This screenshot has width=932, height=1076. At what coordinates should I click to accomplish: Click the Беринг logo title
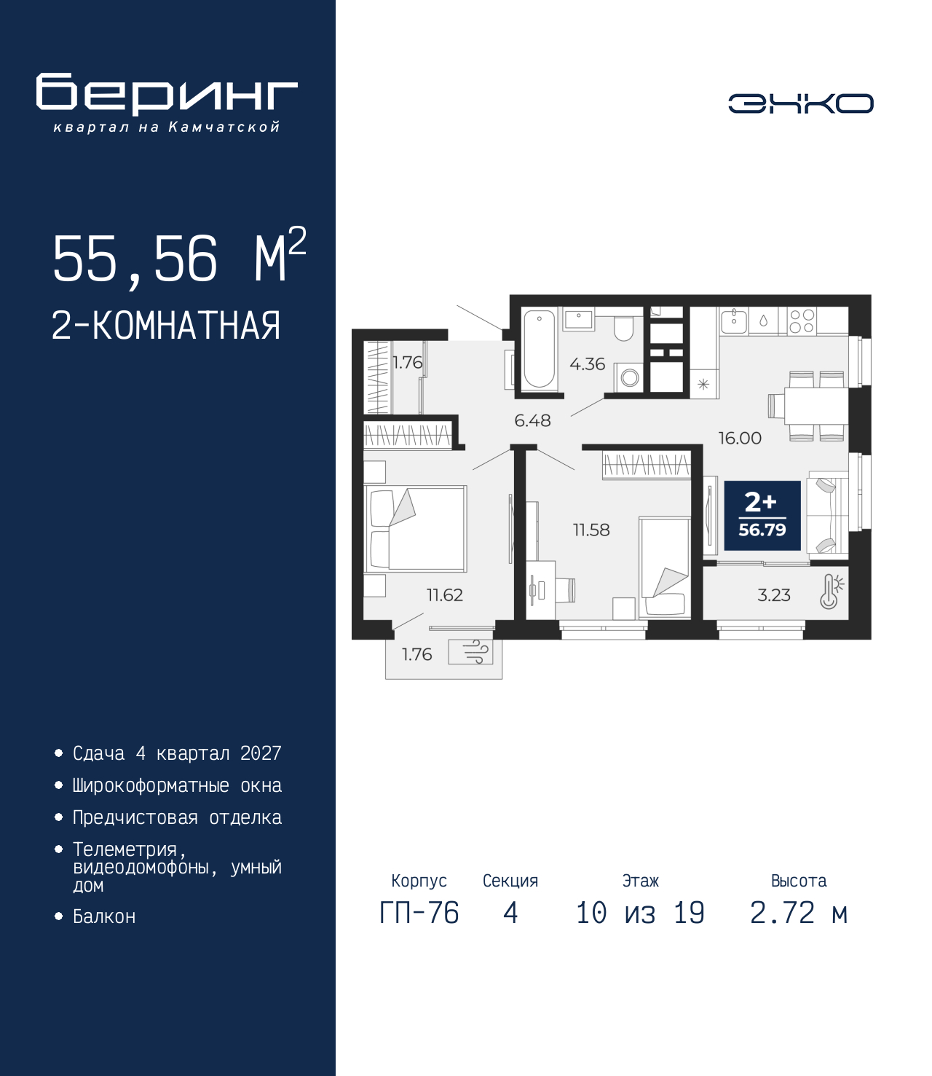coord(167,94)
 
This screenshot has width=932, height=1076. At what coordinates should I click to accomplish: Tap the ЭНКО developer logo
coord(800,103)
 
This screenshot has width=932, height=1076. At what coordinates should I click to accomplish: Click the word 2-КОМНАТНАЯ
coord(166,326)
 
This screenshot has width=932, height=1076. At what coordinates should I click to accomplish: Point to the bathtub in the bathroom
coord(539,348)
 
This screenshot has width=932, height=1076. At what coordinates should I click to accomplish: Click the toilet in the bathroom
coord(623,327)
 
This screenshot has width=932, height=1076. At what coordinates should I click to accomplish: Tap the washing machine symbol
coord(630,378)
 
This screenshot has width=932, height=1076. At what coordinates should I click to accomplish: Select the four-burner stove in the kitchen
coord(802,321)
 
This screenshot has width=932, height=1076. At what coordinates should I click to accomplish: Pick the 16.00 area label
coord(740,439)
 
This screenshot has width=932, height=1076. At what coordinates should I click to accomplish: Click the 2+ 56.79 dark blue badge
coord(762,515)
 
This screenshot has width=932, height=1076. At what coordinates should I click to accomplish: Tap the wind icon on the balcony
coord(470,652)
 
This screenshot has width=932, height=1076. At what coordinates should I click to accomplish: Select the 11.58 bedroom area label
coord(591,530)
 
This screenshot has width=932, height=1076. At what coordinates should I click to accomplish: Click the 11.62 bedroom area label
coord(445,595)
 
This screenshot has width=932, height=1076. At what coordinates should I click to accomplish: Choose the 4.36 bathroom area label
coord(587,364)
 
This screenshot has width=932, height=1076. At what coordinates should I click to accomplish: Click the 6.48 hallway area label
coord(532,420)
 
